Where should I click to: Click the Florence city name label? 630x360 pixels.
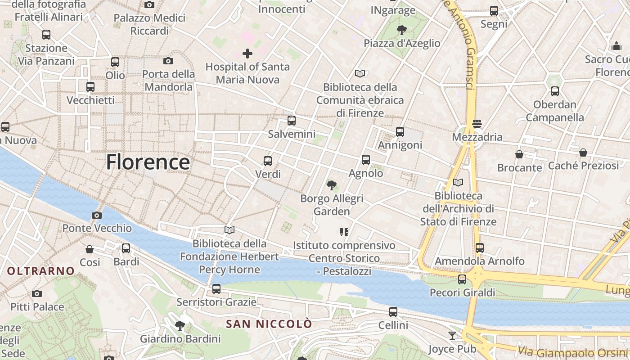point(148,162)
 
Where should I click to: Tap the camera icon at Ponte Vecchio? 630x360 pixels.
point(96,215)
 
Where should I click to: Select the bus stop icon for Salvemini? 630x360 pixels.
point(292,121)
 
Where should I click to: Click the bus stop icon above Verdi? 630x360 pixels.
point(268,161)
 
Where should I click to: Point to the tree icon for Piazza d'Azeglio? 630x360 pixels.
point(401,30)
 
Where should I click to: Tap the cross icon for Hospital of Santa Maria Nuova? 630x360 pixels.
point(247,54)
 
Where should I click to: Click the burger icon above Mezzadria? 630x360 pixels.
point(477,124)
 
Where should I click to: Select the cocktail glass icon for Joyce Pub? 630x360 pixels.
point(452,336)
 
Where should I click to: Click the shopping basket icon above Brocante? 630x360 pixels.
point(519,154)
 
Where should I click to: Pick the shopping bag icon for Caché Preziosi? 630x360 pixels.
point(583,153)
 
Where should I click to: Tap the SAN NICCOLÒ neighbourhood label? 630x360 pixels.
point(269,324)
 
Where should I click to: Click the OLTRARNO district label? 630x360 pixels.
point(41,271)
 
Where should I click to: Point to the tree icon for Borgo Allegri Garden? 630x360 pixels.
point(332,185)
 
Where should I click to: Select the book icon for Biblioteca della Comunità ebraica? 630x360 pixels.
point(360,73)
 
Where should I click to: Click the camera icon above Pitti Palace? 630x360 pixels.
point(37,294)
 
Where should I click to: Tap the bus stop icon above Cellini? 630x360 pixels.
point(393,311)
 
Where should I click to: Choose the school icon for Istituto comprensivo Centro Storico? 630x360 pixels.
point(344,232)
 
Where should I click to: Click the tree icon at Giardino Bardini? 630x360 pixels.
point(180,325)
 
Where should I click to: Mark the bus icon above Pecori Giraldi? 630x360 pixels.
point(462,279)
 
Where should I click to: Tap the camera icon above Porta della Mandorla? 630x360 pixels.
point(168,61)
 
